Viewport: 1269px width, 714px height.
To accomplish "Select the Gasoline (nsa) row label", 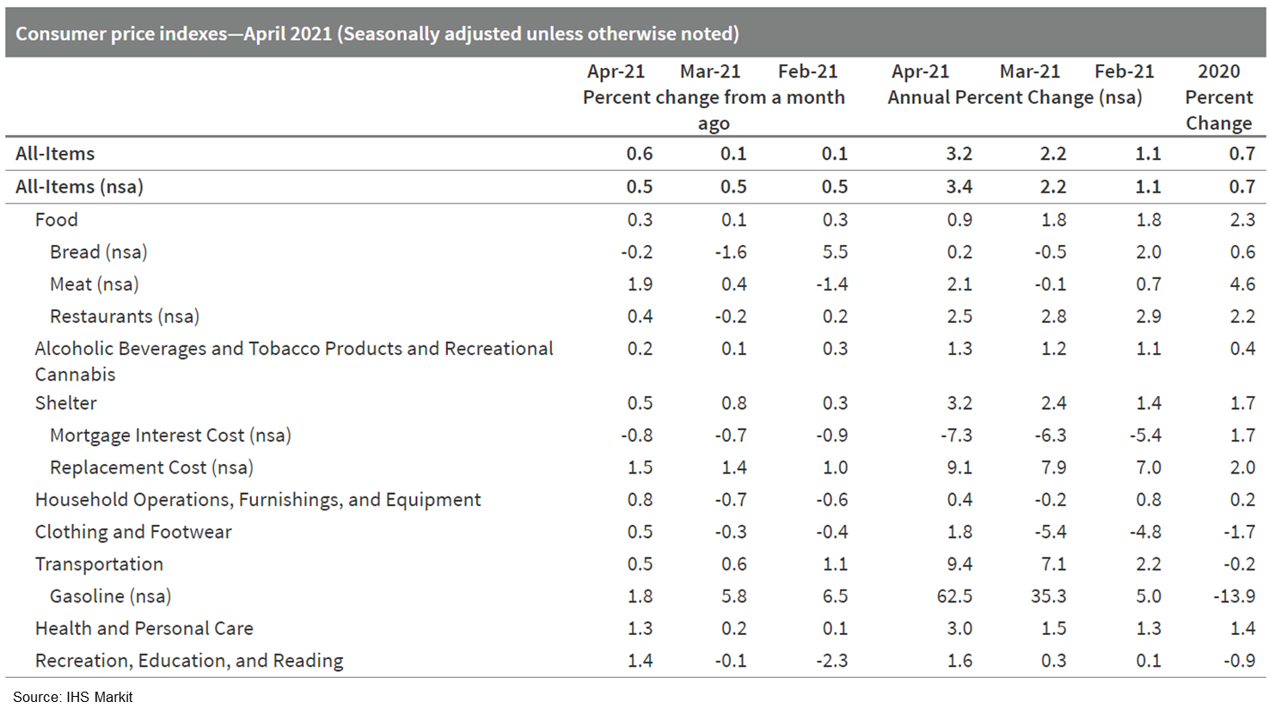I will click(110, 596).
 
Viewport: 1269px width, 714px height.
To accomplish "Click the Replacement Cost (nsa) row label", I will click(151, 467).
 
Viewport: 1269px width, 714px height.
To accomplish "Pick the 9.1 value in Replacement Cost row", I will click(959, 467).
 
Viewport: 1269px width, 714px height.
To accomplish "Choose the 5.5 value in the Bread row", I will click(835, 253).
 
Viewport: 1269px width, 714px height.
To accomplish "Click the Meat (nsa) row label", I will click(94, 284).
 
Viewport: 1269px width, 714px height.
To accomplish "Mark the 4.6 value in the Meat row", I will click(1242, 284).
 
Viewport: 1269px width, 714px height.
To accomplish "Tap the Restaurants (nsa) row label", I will click(124, 316).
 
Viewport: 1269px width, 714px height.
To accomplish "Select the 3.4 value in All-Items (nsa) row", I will click(959, 186).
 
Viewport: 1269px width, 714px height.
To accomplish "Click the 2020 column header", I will click(1218, 71).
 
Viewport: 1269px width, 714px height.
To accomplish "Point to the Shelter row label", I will click(66, 403).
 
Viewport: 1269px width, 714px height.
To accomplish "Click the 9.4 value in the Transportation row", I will click(959, 564).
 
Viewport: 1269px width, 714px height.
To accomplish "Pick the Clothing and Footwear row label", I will click(133, 532).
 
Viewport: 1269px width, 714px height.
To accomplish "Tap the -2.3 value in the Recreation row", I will click(831, 661).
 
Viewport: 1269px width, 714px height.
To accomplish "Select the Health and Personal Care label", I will click(144, 629).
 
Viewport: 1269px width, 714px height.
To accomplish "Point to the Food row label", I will click(57, 220).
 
